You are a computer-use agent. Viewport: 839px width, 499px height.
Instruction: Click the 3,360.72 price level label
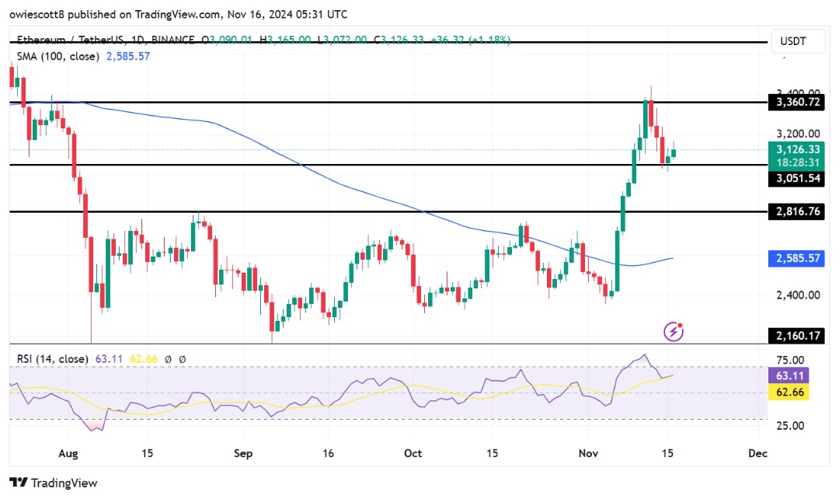(796, 102)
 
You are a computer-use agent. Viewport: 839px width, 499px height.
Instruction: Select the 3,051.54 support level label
(796, 178)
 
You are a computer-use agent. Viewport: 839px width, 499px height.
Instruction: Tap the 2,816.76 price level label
(796, 211)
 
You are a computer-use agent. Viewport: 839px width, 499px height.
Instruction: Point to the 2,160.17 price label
(796, 336)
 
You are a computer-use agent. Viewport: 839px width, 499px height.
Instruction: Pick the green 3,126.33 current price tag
(796, 149)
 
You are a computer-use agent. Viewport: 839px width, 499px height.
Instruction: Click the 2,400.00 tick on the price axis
(796, 295)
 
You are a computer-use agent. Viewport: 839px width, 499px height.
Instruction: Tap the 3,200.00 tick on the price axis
(796, 134)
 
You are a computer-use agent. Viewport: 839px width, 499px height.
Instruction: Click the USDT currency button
(796, 44)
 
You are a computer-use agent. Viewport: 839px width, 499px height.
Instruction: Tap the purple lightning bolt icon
(674, 332)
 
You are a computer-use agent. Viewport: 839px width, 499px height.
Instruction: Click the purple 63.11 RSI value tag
(796, 376)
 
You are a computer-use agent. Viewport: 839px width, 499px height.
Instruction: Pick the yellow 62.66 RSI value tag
(796, 393)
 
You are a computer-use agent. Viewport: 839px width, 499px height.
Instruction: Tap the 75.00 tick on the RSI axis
(796, 360)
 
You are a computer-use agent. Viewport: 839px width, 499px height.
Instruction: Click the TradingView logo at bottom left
(54, 483)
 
